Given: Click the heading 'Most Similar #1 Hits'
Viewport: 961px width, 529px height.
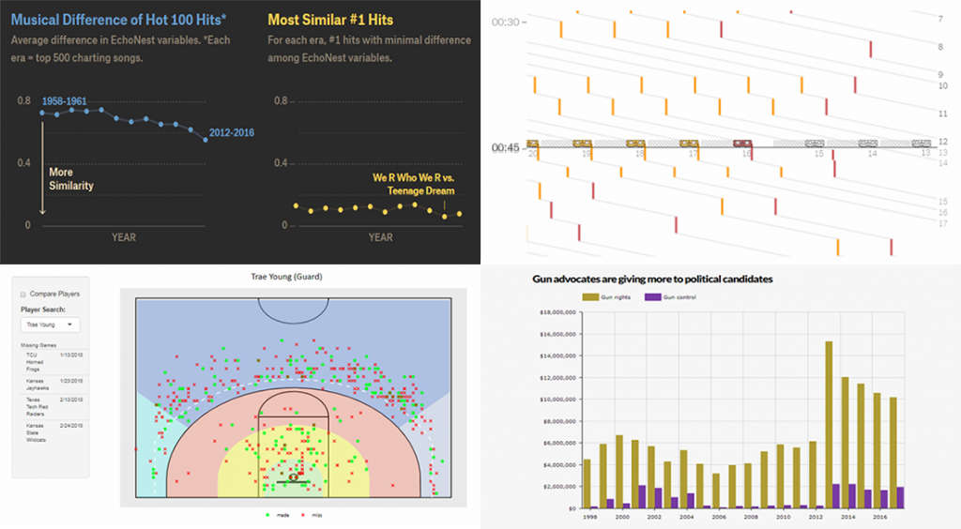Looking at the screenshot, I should pos(330,19).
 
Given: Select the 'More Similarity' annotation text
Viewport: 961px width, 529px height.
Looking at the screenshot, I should pos(71,179).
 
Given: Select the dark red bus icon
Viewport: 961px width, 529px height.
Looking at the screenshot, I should pos(743,144).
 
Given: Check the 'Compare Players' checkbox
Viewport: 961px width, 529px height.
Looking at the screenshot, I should pos(24,294).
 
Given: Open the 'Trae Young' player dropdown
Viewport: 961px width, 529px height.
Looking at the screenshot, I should pos(51,325).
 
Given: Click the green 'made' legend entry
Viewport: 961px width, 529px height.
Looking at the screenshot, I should pos(273,515).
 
